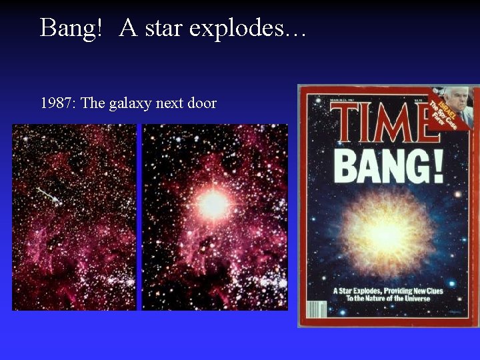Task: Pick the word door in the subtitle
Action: (203, 103)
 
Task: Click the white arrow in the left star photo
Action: (49, 195)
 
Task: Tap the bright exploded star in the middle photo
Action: (213, 204)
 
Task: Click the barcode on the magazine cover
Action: (316, 308)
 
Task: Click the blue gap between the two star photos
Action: (139, 217)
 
